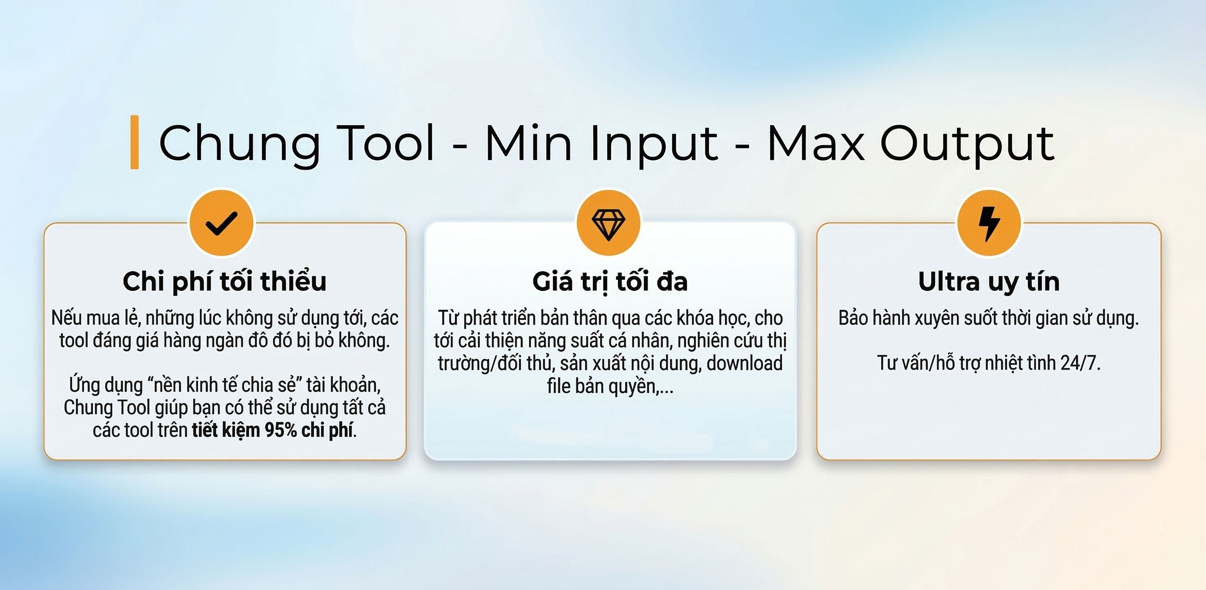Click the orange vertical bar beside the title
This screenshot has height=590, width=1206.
point(134,142)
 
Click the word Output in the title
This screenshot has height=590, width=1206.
point(968,145)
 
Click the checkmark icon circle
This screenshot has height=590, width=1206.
point(222,223)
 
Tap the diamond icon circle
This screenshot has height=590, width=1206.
point(609,223)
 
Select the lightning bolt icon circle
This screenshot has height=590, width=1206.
point(989,223)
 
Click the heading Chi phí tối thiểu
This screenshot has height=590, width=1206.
point(225,282)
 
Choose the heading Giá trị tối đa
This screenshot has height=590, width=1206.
point(610,282)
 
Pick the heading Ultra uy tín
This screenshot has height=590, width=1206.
point(989,282)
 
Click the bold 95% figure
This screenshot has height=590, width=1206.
point(281,430)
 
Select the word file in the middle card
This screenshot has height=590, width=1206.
point(558,386)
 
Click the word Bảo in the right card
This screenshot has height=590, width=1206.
point(853,318)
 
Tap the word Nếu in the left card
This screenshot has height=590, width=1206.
point(66,318)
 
